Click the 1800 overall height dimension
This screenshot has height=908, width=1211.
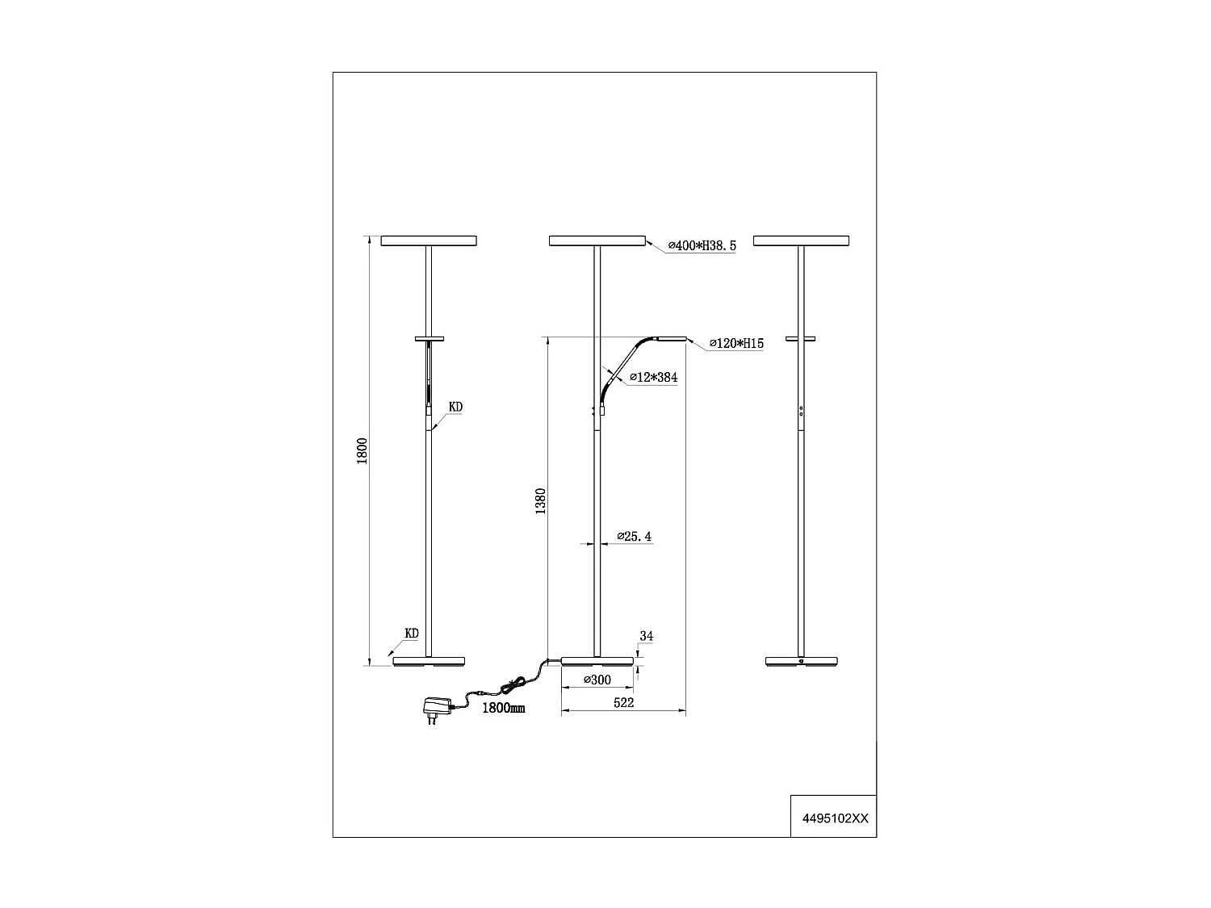363,450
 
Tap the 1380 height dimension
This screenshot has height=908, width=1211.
542,500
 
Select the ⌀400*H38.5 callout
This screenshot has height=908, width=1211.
702,246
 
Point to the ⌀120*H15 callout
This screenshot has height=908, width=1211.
735,344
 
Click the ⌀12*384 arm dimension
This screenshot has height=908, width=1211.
653,378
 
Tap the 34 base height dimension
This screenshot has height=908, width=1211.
646,636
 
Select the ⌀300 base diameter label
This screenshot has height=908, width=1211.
597,680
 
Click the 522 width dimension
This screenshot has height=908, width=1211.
624,703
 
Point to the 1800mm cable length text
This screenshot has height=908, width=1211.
503,708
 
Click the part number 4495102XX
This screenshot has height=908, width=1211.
835,817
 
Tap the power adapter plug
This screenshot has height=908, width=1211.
434,708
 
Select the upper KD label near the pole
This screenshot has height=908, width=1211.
455,408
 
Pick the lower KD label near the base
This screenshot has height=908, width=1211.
412,634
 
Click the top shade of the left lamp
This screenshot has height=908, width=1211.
429,241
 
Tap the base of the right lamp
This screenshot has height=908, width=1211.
801,662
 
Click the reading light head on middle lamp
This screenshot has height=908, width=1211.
670,339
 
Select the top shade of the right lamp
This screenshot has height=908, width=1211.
801,241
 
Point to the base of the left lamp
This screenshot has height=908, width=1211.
429,662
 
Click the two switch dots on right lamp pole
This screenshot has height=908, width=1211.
801,411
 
